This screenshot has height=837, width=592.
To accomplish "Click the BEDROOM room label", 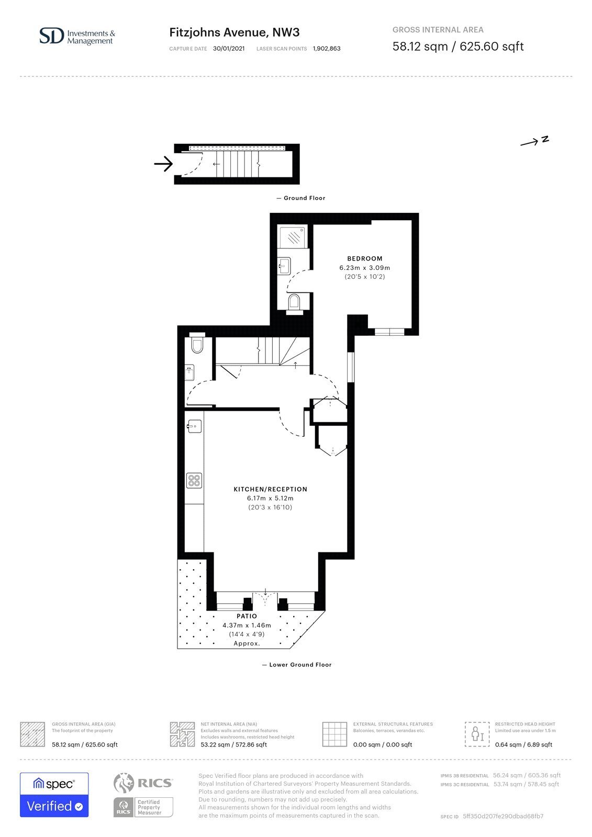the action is click(365, 258).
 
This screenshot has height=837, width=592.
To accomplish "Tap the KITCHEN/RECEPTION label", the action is click(271, 489).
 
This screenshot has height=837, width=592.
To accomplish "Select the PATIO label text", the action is click(247, 616).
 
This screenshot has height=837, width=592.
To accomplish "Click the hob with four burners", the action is click(194, 480).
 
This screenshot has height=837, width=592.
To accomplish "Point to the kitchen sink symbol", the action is click(195, 426).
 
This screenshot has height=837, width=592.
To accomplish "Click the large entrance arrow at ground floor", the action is click(163, 164).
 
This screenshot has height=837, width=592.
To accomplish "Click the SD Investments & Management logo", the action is click(77, 36).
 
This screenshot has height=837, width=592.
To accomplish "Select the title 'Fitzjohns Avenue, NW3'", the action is click(234, 32).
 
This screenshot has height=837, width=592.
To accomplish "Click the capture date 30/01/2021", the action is click(229, 49).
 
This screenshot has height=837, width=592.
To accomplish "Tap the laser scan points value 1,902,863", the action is click(327, 49).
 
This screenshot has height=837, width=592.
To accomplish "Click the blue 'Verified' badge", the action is click(54, 806).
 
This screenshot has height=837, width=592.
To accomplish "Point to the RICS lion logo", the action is click(124, 783).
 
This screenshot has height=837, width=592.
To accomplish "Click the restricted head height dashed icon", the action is click(477, 734).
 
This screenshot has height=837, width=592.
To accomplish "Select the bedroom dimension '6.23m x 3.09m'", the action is click(365, 267).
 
